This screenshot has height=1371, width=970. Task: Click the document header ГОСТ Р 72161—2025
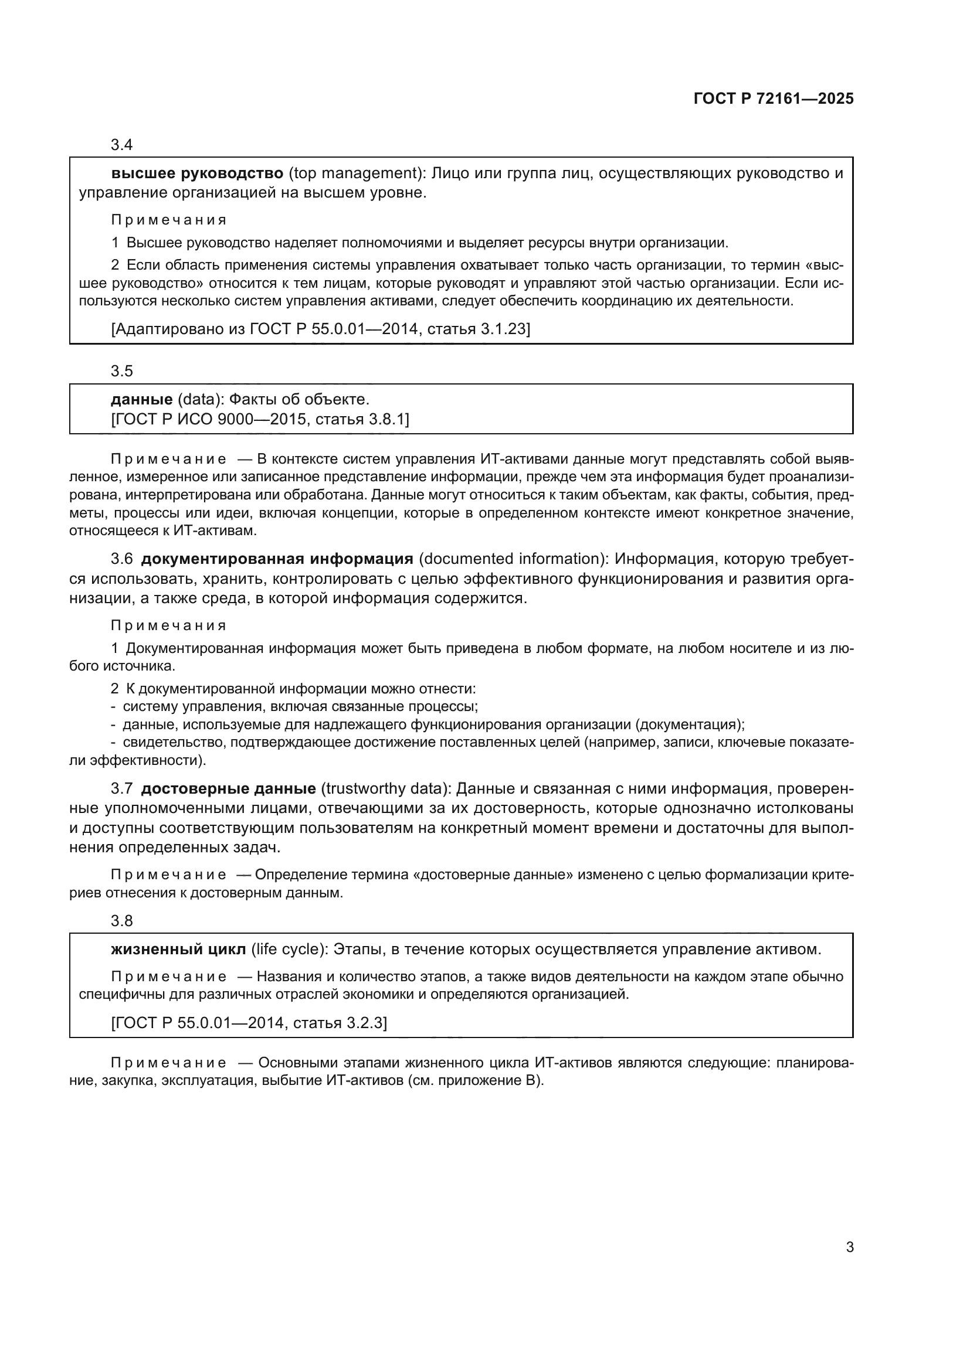tap(774, 99)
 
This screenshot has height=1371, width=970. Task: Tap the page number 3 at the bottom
tap(849, 1247)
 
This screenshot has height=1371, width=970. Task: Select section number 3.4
tap(121, 145)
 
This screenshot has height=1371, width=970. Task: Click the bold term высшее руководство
tap(197, 173)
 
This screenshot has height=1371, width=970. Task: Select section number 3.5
tap(121, 372)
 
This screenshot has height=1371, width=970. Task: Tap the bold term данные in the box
tap(141, 400)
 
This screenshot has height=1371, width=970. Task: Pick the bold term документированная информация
tap(277, 559)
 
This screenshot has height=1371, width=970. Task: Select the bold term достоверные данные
tap(228, 789)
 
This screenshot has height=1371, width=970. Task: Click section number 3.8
tap(121, 921)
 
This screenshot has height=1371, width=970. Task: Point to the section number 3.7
tap(121, 789)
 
